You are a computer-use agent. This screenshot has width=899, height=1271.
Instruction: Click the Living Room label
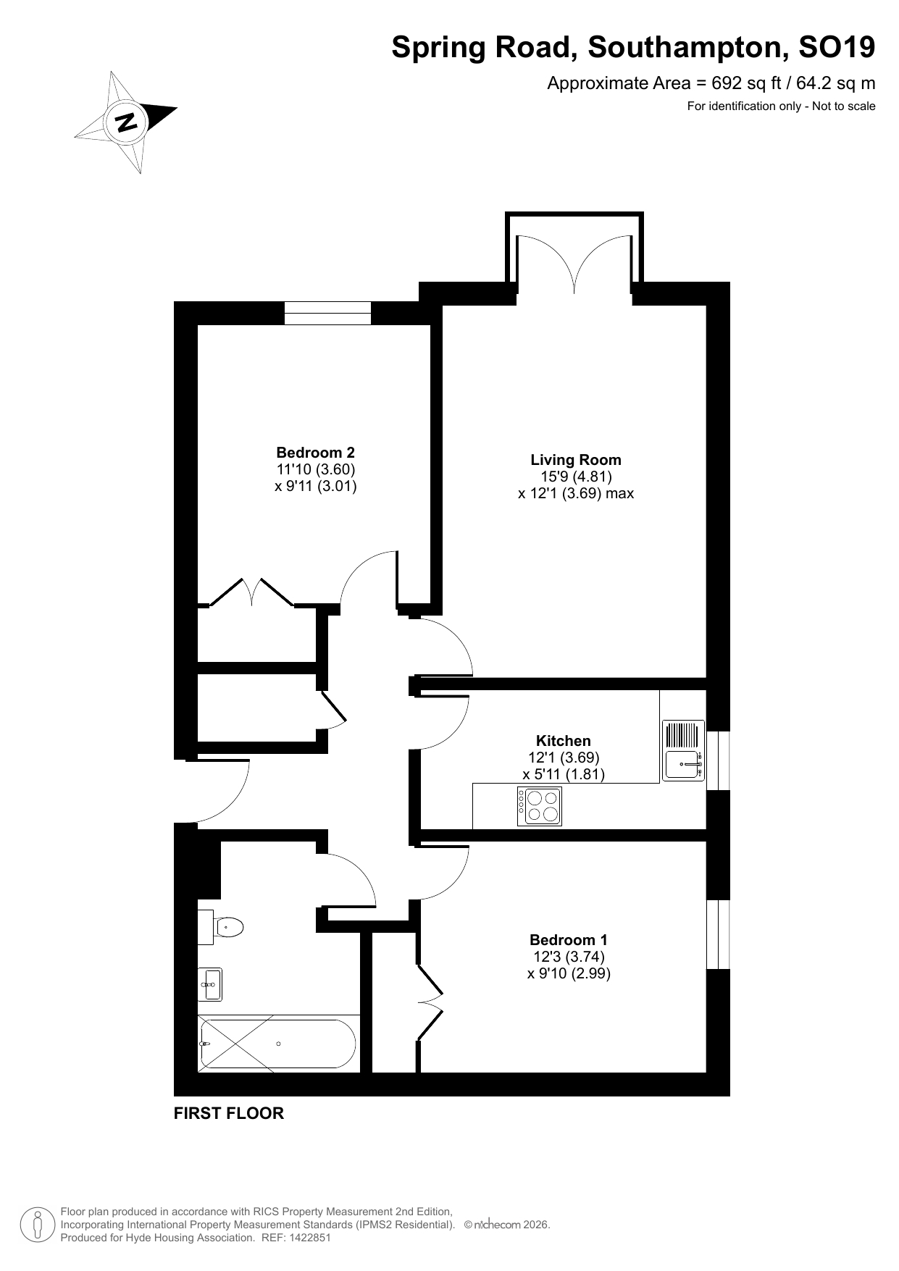pyautogui.click(x=576, y=460)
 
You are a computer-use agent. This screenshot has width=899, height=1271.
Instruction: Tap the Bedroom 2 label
pyautogui.click(x=316, y=453)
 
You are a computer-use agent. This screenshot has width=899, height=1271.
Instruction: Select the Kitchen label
pyautogui.click(x=564, y=741)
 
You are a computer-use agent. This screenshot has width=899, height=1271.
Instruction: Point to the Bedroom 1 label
pyautogui.click(x=569, y=940)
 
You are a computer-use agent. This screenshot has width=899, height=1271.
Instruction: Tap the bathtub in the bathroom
pyautogui.click(x=278, y=1044)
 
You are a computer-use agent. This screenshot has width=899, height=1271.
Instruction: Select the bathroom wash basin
pyautogui.click(x=210, y=984)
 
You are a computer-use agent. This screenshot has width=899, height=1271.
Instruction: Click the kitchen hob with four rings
pyautogui.click(x=540, y=806)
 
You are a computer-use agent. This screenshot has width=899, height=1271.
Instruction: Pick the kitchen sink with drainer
pyautogui.click(x=683, y=750)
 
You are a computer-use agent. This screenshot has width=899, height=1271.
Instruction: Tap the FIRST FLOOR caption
pyautogui.click(x=229, y=1114)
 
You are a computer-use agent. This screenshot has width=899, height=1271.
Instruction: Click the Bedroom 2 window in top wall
pyautogui.click(x=327, y=313)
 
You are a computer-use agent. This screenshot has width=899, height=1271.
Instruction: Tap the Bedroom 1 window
pyautogui.click(x=718, y=934)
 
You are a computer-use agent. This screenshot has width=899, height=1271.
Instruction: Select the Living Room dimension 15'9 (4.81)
pyautogui.click(x=576, y=477)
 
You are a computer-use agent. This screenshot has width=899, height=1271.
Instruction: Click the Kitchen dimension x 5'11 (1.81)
pyautogui.click(x=564, y=774)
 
